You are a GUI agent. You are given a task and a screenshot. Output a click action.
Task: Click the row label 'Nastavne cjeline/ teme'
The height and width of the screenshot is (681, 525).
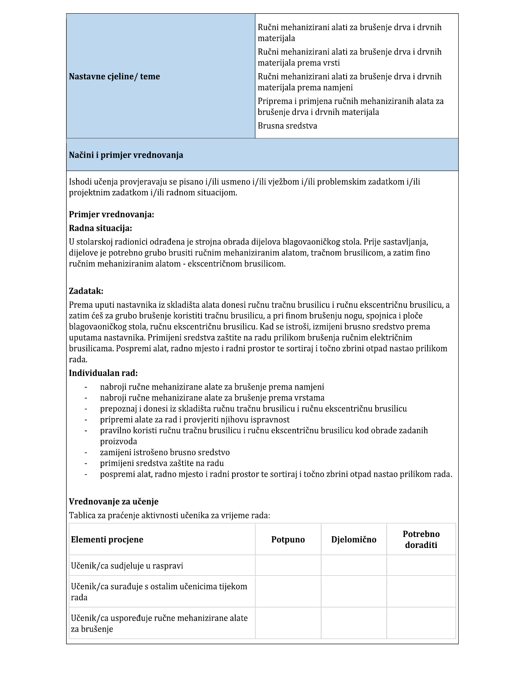pyautogui.click(x=114, y=77)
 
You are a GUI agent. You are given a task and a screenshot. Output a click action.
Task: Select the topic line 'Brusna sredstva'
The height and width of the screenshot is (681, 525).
pyautogui.click(x=287, y=126)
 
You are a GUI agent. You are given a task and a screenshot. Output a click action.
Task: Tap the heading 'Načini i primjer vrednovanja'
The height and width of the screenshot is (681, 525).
pyautogui.click(x=126, y=155)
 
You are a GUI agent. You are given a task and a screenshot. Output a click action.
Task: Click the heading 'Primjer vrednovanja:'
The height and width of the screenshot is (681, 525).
pyautogui.click(x=111, y=214)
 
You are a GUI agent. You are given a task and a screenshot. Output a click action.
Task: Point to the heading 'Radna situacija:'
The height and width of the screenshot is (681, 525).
pyautogui.click(x=100, y=228)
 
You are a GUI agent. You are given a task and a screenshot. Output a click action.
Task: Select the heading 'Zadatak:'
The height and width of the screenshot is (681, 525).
pyautogui.click(x=86, y=291)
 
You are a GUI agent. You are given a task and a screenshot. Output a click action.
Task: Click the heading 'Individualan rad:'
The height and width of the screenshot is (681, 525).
pyautogui.click(x=103, y=373)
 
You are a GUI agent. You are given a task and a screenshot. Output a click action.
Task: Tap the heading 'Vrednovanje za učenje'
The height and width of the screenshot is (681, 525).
pyautogui.click(x=114, y=501)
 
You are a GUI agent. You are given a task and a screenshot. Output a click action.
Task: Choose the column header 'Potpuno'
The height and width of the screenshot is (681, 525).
pyautogui.click(x=288, y=540)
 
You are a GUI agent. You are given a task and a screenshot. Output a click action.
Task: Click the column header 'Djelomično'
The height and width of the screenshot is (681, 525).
pyautogui.click(x=354, y=540)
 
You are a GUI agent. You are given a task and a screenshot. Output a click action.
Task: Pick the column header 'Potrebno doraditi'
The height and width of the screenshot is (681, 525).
pyautogui.click(x=421, y=540)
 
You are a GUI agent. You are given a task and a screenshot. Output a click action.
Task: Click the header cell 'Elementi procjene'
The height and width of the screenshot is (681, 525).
pyautogui.click(x=107, y=540)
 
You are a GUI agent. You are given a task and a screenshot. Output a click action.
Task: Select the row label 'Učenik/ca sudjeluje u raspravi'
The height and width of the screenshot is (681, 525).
pyautogui.click(x=127, y=566)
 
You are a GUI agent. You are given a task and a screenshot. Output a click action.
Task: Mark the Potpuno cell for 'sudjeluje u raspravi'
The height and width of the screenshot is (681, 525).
pyautogui.click(x=288, y=565)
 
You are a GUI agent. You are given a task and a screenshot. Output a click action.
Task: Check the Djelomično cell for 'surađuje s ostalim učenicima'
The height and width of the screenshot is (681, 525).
pyautogui.click(x=354, y=591)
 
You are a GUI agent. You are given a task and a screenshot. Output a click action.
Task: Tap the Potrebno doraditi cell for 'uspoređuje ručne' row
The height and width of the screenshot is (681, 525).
pyautogui.click(x=421, y=623)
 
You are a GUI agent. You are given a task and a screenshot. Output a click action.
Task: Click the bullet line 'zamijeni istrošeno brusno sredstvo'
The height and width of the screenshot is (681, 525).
pyautogui.click(x=165, y=452)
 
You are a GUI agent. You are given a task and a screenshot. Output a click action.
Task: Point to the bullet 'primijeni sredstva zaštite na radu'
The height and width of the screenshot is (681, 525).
pyautogui.click(x=162, y=463)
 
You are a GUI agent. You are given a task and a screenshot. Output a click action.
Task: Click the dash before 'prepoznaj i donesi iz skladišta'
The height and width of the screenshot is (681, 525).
pyautogui.click(x=86, y=409)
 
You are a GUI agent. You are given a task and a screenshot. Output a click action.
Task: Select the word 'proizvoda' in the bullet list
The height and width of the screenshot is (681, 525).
pyautogui.click(x=119, y=441)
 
